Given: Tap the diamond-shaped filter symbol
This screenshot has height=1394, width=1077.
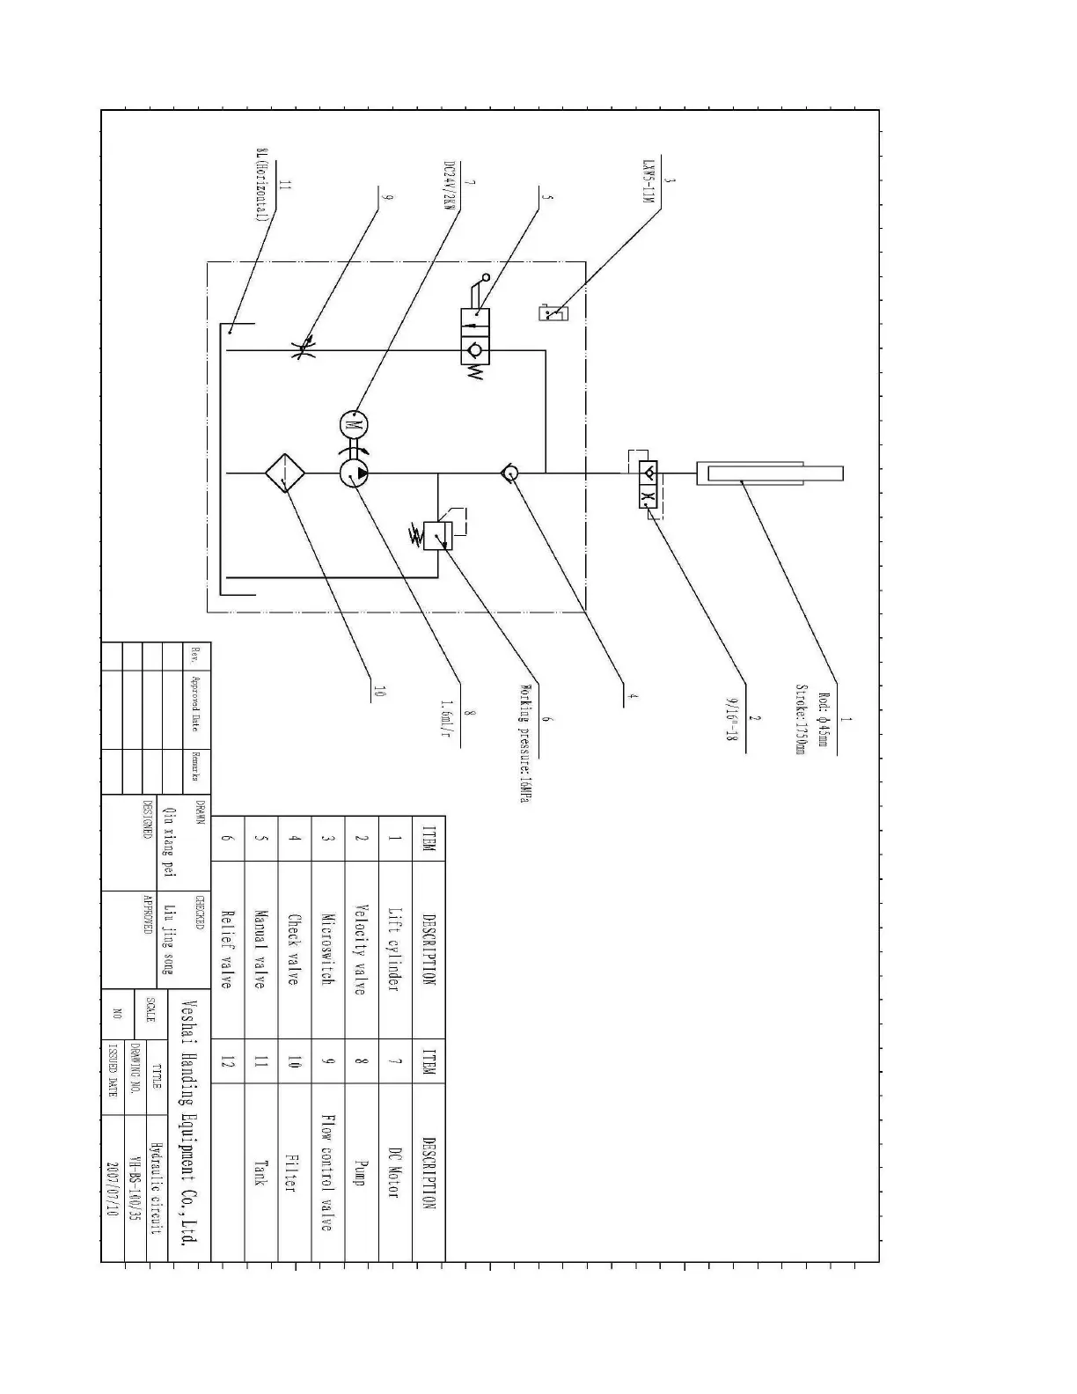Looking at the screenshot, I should (285, 473).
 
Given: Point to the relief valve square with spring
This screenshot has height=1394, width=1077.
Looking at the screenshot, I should (437, 535).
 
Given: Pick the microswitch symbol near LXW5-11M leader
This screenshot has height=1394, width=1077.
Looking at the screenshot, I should (552, 312).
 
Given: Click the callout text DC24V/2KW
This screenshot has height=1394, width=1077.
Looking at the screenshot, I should (449, 187).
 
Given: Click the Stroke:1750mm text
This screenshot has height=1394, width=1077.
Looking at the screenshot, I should (801, 720).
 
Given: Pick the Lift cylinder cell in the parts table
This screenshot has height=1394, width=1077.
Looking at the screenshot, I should (395, 950).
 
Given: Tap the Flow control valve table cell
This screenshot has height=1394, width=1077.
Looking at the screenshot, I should (327, 1171).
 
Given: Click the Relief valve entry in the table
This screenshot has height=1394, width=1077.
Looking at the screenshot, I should (227, 950).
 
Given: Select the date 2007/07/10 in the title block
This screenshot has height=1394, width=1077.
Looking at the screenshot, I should (113, 1188).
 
